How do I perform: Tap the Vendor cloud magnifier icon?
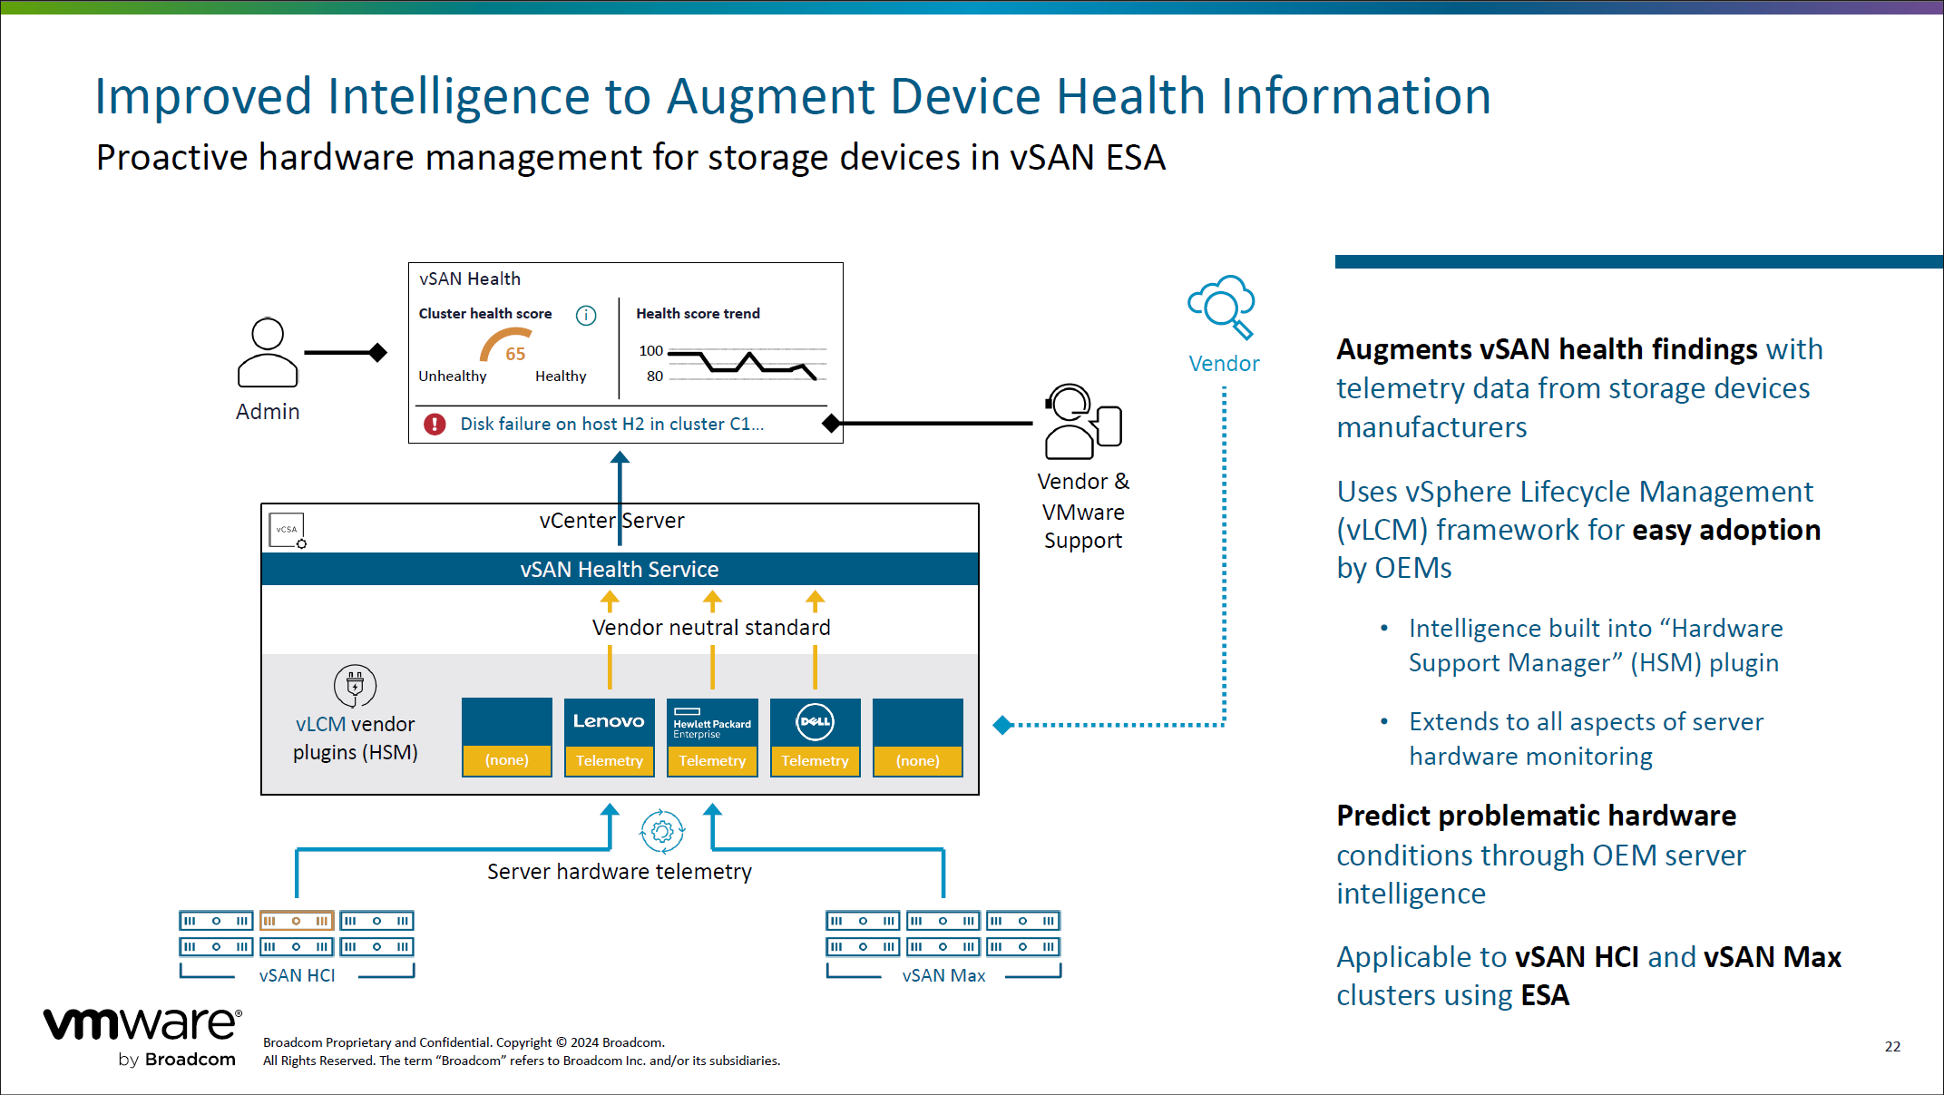point(1222,306)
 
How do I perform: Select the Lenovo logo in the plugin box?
point(609,721)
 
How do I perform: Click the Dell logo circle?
point(815,721)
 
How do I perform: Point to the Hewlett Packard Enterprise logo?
point(712,723)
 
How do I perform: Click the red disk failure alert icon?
point(435,424)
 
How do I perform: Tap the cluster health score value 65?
point(515,354)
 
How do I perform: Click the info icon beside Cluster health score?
point(586,315)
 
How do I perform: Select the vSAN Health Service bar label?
point(620,570)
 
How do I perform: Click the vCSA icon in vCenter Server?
point(288,531)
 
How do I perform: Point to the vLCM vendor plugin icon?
point(355,686)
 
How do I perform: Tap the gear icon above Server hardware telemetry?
point(662,831)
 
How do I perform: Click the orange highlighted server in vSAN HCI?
point(297,921)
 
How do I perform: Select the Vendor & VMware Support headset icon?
point(1082,422)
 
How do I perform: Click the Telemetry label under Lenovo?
point(609,760)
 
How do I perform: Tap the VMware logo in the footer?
point(143,1025)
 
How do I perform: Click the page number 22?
point(1892,1046)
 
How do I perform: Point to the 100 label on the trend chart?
point(650,350)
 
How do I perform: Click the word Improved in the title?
point(203,96)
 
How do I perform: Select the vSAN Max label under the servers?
point(943,975)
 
